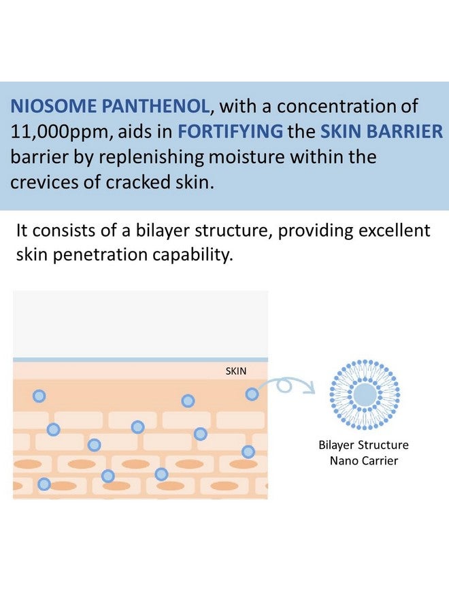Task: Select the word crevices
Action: coord(50,182)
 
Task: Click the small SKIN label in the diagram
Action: coord(235,371)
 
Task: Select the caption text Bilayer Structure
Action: coord(364,445)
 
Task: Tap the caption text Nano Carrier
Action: coord(364,460)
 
